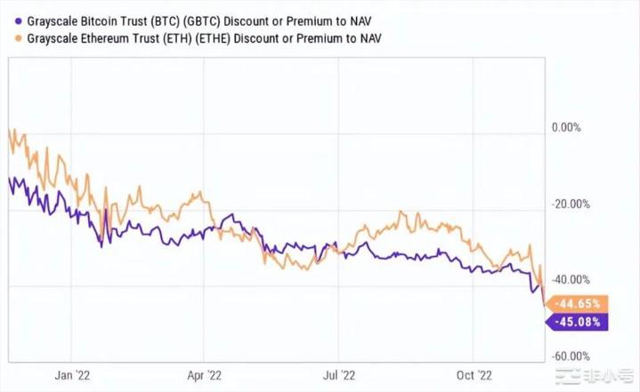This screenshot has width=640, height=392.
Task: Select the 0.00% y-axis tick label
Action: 565,127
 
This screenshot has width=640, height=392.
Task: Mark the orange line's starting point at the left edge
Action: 8,131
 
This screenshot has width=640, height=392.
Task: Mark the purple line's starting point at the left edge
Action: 8,179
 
